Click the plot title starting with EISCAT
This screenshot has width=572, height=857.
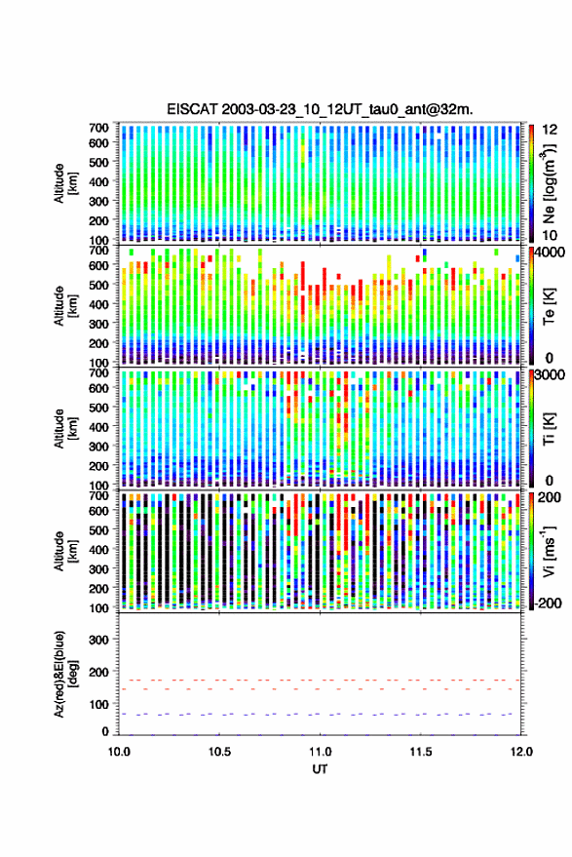[320, 109]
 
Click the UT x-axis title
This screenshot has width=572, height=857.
[320, 769]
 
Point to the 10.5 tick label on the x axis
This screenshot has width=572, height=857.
[219, 752]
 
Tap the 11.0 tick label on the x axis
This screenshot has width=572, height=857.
[320, 752]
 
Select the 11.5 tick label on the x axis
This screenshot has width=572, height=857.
[420, 752]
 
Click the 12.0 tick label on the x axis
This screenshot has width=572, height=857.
[520, 752]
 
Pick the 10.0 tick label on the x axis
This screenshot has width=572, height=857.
[119, 752]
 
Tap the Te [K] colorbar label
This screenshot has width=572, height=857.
[549, 306]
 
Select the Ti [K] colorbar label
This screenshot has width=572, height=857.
[549, 429]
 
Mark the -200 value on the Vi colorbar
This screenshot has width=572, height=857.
[547, 603]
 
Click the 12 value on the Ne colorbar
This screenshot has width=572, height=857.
[551, 130]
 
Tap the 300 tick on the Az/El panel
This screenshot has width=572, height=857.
[98, 640]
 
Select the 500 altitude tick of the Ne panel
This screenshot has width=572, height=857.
[98, 162]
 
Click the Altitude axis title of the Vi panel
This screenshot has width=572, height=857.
[64, 551]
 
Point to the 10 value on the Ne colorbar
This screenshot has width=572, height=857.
[551, 236]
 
